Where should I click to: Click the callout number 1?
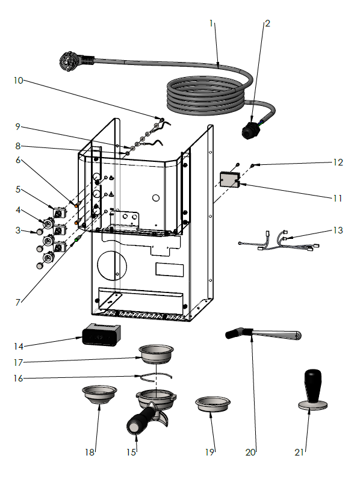coord(211,23)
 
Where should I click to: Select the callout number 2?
coord(267,23)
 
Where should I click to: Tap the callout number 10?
coord(19,79)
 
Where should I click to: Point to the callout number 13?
coord(338,230)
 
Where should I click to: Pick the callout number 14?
coord(19,346)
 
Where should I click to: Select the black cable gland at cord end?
coord(250,129)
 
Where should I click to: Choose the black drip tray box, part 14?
coord(101,335)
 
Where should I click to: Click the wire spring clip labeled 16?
coord(155,377)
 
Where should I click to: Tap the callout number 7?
coord(19,301)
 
